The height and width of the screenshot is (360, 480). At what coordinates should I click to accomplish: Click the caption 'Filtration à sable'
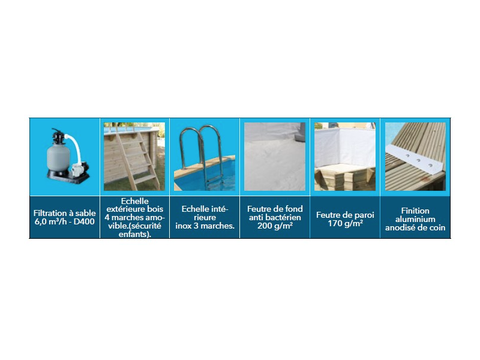click(x=64, y=213)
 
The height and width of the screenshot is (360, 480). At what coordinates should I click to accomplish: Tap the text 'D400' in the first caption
click(x=84, y=221)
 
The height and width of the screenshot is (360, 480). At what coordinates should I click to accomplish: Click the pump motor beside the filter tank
click(x=80, y=169)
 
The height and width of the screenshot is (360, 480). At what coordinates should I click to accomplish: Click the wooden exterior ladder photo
click(x=134, y=157)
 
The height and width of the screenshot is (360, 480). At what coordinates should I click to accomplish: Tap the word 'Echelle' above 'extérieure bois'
click(x=134, y=201)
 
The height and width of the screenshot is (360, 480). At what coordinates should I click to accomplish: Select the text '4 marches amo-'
click(x=134, y=218)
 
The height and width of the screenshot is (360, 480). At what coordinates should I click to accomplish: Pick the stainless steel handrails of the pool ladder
click(x=201, y=147)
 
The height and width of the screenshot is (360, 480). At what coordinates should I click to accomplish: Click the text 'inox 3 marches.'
click(x=205, y=226)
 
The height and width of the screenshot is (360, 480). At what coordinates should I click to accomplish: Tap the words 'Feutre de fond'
click(x=275, y=209)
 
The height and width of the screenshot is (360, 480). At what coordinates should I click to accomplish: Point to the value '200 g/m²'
click(x=275, y=226)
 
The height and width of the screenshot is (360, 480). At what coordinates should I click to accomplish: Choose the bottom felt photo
click(x=275, y=157)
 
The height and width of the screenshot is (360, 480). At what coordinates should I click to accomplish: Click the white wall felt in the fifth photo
click(x=345, y=146)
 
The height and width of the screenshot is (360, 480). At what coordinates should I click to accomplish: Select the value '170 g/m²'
click(x=345, y=223)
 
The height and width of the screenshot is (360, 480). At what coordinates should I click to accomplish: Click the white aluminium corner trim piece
click(x=414, y=160)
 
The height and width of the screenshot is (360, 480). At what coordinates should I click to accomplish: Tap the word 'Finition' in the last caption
click(x=415, y=211)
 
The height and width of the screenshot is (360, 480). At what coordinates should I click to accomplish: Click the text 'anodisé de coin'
click(x=415, y=228)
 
